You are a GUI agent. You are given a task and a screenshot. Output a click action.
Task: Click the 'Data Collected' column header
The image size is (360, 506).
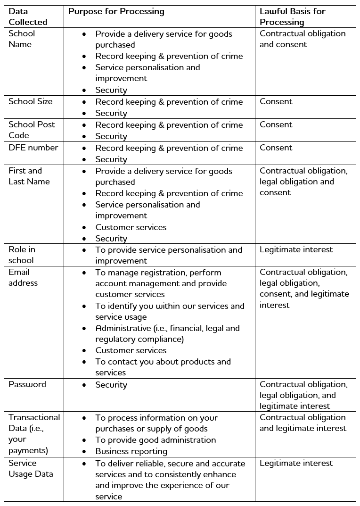coord(28,17)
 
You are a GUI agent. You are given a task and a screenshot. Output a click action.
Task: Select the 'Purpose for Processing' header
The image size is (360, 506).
coord(116,11)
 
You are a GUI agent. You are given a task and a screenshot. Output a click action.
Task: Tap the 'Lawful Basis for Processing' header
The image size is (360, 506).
coord(292,17)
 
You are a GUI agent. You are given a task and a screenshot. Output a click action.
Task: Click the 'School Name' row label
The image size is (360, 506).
coord(22,39)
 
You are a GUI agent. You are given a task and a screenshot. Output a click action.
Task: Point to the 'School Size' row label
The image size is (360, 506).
coord(31,101)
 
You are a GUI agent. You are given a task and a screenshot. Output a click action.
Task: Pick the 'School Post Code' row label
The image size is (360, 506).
coord(32,130)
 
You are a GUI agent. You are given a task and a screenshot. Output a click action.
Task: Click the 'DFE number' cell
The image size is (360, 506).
coord(33,148)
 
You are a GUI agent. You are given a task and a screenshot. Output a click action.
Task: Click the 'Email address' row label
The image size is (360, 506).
coord(23,277)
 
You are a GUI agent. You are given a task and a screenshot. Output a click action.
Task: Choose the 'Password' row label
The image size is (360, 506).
coord(27,384)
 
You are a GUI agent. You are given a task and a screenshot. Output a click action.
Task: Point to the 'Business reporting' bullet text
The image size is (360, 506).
coord(131,451)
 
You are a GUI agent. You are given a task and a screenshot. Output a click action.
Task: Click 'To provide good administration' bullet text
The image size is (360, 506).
coord(155,440)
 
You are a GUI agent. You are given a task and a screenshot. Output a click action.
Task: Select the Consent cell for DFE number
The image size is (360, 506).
coord(276,148)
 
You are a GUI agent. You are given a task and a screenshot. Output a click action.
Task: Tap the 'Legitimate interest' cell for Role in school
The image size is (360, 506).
coord(296,249)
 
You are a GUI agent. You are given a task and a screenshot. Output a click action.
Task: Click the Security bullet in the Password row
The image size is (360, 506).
coord(111,385)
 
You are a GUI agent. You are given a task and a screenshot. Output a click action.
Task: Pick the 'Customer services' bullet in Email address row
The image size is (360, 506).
coord(131,350)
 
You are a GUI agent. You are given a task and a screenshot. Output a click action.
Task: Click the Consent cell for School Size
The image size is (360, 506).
coord(276,101)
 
